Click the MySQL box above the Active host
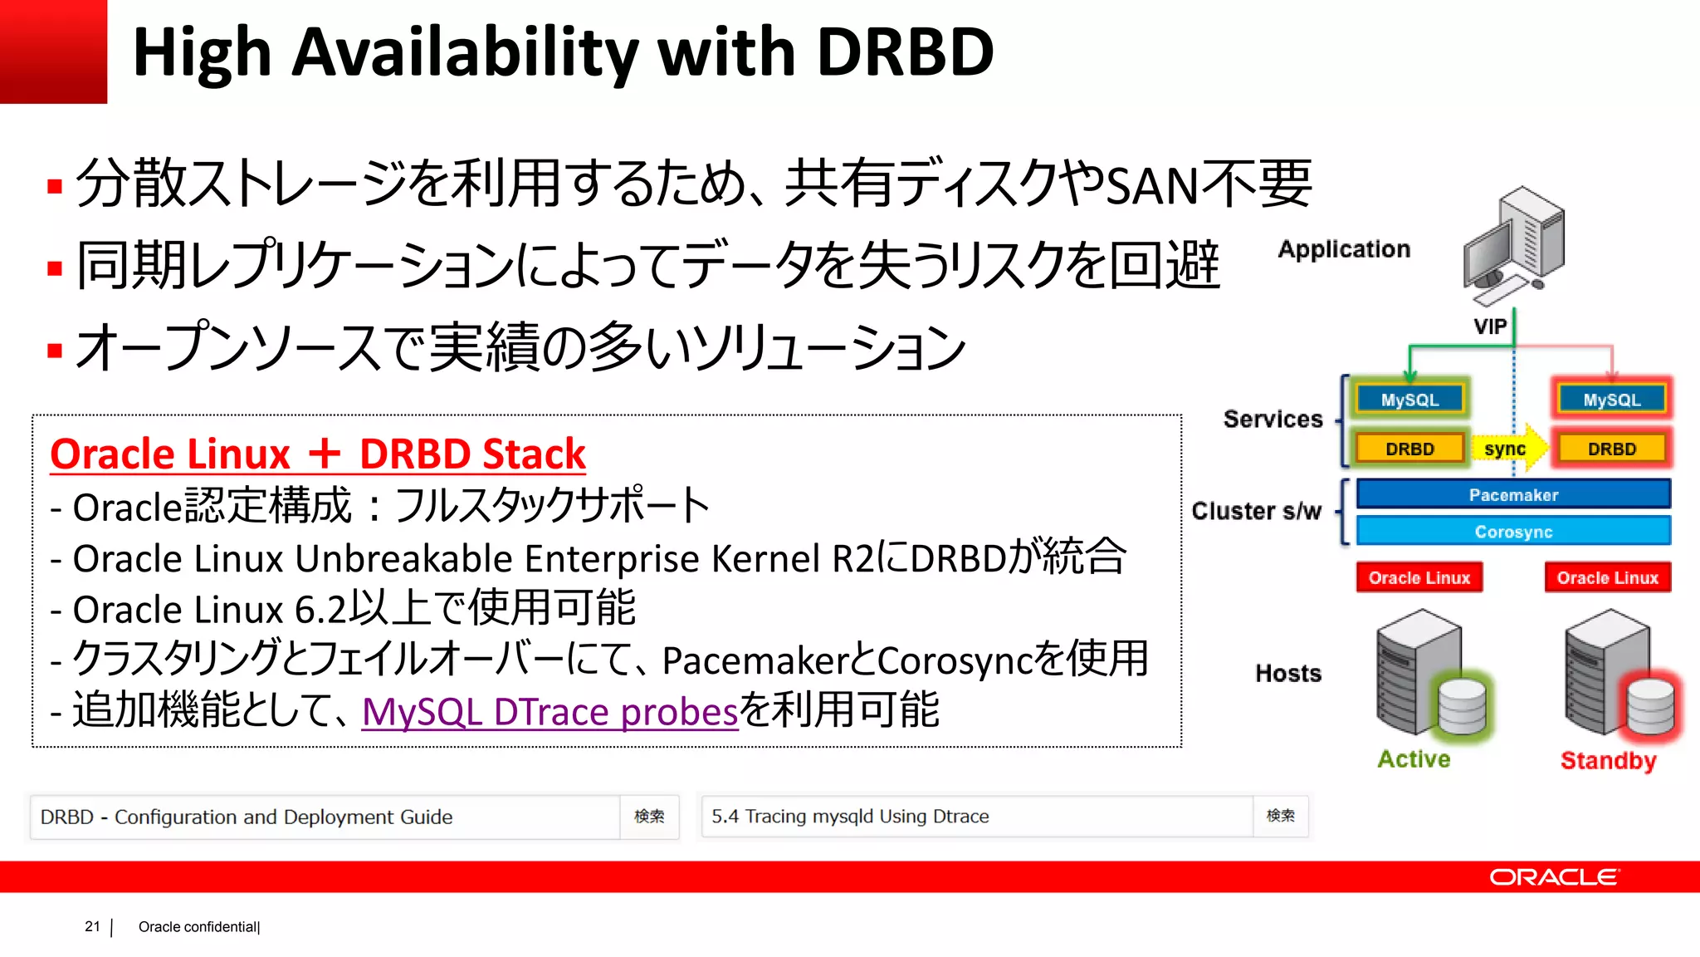pyautogui.click(x=1409, y=400)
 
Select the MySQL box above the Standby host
pyautogui.click(x=1611, y=400)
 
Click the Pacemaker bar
pyautogui.click(x=1513, y=494)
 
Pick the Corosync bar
pyautogui.click(x=1513, y=531)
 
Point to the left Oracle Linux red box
pyautogui.click(x=1419, y=577)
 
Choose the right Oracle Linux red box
pyautogui.click(x=1607, y=577)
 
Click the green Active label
pyautogui.click(x=1414, y=758)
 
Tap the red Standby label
pyautogui.click(x=1608, y=760)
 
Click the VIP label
pyautogui.click(x=1490, y=326)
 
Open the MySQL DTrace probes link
pyautogui.click(x=550, y=712)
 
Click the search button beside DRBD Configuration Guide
pyautogui.click(x=649, y=817)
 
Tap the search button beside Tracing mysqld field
pyautogui.click(x=1280, y=816)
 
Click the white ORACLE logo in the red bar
pyautogui.click(x=1553, y=877)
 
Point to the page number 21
pyautogui.click(x=92, y=926)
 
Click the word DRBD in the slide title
pyautogui.click(x=905, y=52)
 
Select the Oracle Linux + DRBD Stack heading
pyautogui.click(x=318, y=454)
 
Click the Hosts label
pyautogui.click(x=1287, y=673)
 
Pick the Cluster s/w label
pyautogui.click(x=1256, y=511)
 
